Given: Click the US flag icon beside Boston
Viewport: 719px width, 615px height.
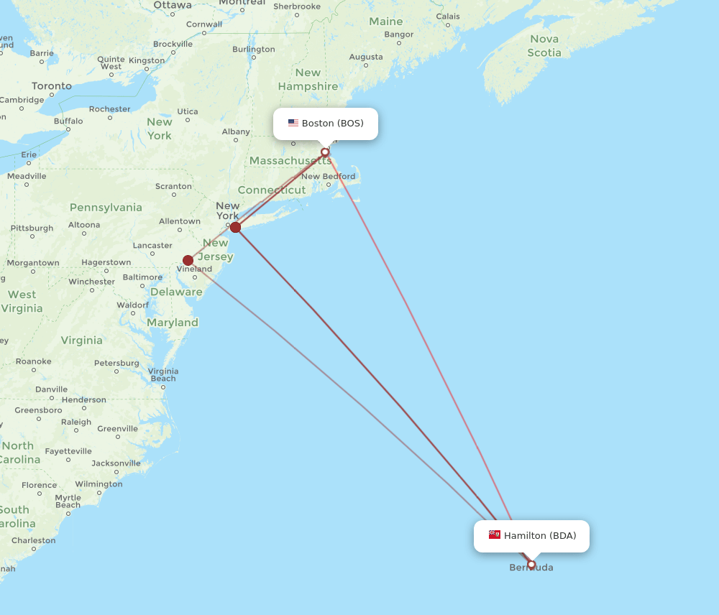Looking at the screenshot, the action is tap(293, 123).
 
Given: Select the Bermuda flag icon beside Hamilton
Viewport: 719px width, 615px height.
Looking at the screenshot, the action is tap(495, 535).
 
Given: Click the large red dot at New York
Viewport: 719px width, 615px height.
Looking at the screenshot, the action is tap(235, 227).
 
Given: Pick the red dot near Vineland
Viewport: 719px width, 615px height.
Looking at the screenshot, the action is tap(188, 260).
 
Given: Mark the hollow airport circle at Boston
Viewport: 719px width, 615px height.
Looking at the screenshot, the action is tap(325, 152).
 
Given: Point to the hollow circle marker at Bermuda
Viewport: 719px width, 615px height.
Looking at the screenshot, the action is tap(531, 565).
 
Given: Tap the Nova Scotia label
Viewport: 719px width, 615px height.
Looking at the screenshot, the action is tap(544, 45).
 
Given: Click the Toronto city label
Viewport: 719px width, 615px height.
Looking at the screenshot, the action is tap(52, 86).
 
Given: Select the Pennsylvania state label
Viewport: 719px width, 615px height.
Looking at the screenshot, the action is tap(106, 208).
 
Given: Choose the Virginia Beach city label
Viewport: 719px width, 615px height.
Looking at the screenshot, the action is tap(163, 375).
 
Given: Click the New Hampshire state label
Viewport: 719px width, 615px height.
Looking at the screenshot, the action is tap(308, 79).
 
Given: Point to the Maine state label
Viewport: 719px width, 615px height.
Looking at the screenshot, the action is tap(385, 22).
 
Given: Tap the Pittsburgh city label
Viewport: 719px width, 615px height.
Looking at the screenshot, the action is tap(32, 228).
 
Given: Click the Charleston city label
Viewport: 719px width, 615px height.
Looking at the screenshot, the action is tap(33, 540).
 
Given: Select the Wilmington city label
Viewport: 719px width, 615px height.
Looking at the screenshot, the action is tap(99, 484).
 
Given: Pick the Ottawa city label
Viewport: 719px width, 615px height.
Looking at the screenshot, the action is tap(173, 6).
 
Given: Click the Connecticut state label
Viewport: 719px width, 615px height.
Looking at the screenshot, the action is tap(272, 190).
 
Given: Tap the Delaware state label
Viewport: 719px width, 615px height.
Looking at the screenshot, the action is tap(176, 292).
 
